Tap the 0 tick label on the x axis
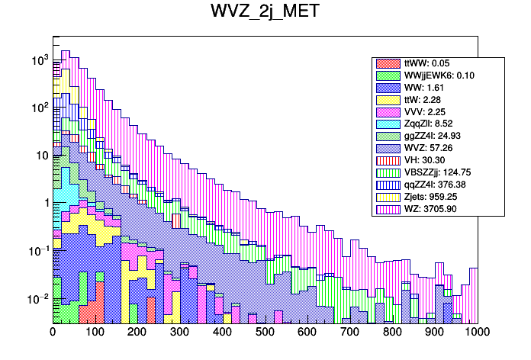coord(53,333)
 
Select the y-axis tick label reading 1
coord(45,203)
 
